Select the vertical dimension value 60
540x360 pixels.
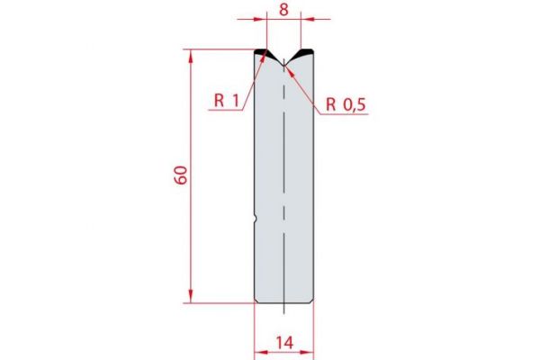pyautogui.click(x=181, y=175)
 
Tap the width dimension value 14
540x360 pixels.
pyautogui.click(x=283, y=344)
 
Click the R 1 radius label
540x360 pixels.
pyautogui.click(x=226, y=102)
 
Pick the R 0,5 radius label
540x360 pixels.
pyautogui.click(x=346, y=104)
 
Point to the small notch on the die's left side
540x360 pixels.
pyautogui.click(x=256, y=217)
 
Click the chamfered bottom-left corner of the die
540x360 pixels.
pyautogui.click(x=256, y=301)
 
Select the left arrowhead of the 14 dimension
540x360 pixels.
pyautogui.click(x=257, y=352)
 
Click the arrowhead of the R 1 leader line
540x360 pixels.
pyautogui.click(x=264, y=56)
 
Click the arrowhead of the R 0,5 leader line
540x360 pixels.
pyautogui.click(x=286, y=66)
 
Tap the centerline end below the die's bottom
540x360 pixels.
pyautogui.click(x=283, y=312)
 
